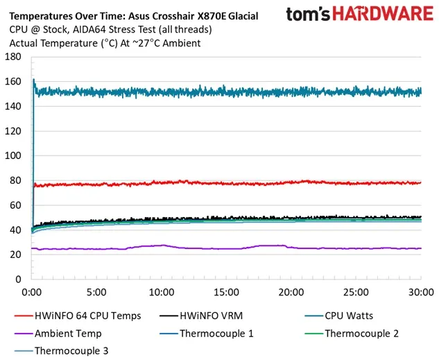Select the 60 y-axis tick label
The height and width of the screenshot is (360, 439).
tap(14, 205)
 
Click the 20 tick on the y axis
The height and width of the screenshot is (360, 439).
tap(14, 255)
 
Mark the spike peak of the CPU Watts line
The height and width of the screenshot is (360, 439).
tap(33, 79)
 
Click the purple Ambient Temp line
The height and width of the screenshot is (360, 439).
tap(208, 248)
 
